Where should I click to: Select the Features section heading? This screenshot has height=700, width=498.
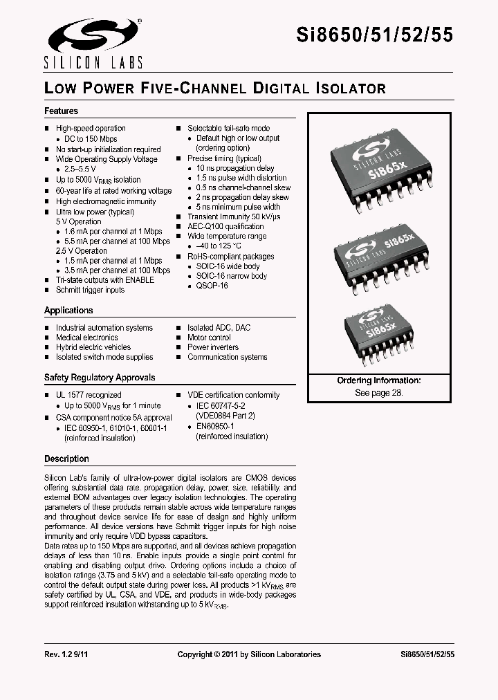click(61, 111)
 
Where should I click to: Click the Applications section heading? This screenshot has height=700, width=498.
click(68, 311)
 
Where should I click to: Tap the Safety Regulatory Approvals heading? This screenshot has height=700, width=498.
click(100, 378)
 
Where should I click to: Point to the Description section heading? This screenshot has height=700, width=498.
click(66, 459)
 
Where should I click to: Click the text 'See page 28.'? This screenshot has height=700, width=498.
click(378, 392)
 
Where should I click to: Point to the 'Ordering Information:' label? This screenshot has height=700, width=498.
click(378, 381)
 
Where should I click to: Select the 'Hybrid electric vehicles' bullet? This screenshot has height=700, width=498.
click(93, 347)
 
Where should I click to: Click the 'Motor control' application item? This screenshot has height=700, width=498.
click(209, 338)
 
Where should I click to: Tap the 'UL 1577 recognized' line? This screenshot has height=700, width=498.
click(89, 395)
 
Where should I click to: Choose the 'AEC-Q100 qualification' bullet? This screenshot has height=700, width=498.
click(225, 226)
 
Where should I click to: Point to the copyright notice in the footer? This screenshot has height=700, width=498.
click(249, 654)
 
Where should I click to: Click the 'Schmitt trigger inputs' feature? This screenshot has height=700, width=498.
click(90, 290)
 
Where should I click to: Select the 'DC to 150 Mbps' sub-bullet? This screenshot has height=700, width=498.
click(91, 139)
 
